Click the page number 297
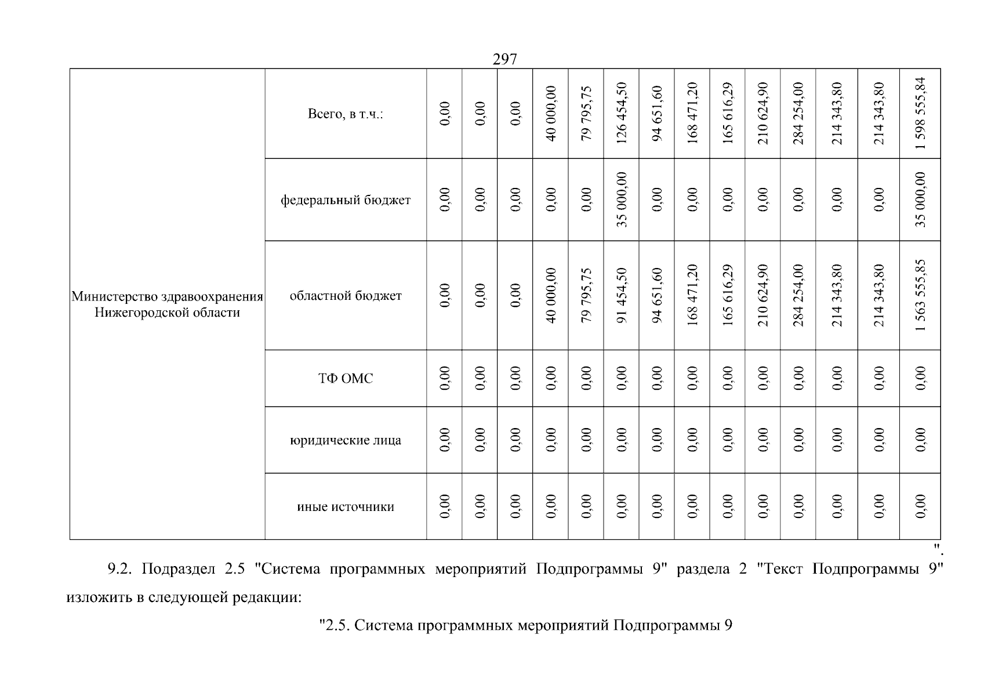click(504, 59)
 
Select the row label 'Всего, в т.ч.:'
click(346, 114)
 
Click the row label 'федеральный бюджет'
click(346, 200)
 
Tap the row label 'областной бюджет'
click(346, 296)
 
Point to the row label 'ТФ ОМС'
click(346, 378)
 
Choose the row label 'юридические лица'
click(346, 440)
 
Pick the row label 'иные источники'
click(346, 507)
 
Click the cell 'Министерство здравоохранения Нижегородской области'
click(167, 304)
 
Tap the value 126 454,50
click(622, 113)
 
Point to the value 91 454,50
click(622, 296)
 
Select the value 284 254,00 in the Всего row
click(798, 113)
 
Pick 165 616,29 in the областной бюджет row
click(727, 296)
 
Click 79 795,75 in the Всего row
click(586, 113)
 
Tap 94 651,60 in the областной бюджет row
click(657, 296)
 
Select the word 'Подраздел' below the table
click(178, 569)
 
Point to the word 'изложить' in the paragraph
click(99, 597)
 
